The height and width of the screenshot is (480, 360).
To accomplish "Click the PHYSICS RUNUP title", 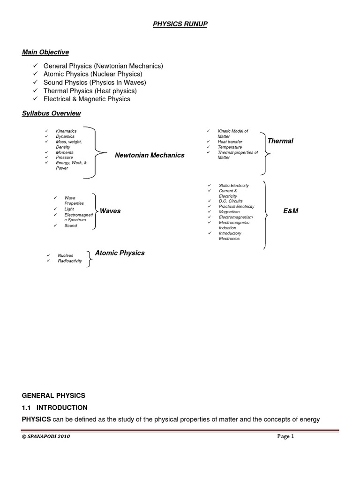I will pyautogui.click(x=180, y=24).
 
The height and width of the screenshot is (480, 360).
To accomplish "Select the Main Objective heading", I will pyautogui.click(x=45, y=52).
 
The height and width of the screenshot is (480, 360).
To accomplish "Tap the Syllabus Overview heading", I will pyautogui.click(x=52, y=113).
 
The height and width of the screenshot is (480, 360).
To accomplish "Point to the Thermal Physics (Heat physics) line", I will pyautogui.click(x=90, y=91).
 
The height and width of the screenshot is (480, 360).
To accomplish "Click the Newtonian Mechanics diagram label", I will pyautogui.click(x=150, y=155).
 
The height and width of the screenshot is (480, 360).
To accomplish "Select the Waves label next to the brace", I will pyautogui.click(x=110, y=211).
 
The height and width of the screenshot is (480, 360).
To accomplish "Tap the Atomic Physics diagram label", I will pyautogui.click(x=120, y=253).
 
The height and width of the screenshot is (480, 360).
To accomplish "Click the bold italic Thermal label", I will pyautogui.click(x=280, y=141).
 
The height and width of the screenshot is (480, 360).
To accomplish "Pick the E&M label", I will pyautogui.click(x=291, y=211).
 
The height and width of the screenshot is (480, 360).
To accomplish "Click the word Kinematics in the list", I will pyautogui.click(x=66, y=131).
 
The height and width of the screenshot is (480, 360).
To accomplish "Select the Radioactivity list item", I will pyautogui.click(x=69, y=261).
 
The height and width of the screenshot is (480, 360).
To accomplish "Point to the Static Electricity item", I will pyautogui.click(x=234, y=186).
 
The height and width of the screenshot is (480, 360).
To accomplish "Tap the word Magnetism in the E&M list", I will pyautogui.click(x=229, y=212).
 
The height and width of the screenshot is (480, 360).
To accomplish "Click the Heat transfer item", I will pyautogui.click(x=230, y=142).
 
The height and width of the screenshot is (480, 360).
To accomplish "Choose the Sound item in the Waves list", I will pyautogui.click(x=71, y=226).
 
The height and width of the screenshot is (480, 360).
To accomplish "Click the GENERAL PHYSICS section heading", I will pyautogui.click(x=54, y=396).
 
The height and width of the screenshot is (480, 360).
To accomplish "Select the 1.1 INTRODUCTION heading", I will pyautogui.click(x=55, y=407).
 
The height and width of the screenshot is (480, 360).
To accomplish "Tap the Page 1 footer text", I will pyautogui.click(x=285, y=436).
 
